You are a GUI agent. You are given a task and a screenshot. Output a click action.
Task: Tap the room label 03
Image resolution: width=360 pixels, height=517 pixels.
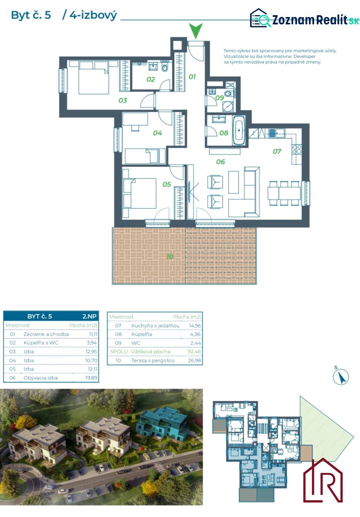tap(123, 100)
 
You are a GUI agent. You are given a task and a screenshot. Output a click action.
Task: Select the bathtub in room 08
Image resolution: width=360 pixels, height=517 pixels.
tap(239, 131)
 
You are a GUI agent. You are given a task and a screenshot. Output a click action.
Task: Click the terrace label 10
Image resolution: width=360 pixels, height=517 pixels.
tap(170, 256)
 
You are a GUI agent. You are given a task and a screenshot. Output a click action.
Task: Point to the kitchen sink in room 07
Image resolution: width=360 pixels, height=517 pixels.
tap(276, 133)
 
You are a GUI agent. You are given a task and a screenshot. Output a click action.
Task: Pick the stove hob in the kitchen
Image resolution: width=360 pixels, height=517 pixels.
tap(297, 149)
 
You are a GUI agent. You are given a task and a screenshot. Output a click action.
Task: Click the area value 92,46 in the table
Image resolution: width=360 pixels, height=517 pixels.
tap(194, 352)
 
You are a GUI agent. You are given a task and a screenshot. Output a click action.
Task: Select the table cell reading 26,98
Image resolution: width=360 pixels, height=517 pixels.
tap(194, 360)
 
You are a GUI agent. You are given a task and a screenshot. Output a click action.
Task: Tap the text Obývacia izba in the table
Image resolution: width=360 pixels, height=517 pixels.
tap(41, 378)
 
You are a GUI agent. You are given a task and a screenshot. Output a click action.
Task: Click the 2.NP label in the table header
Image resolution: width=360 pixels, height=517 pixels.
tap(90, 316)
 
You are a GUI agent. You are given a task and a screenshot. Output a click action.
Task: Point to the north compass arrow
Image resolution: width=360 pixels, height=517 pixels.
tap(341, 377)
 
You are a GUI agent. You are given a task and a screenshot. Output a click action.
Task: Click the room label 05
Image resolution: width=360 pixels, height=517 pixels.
tap(166, 184)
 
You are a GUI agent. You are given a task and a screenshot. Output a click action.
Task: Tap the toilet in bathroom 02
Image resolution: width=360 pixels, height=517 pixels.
tap(165, 67)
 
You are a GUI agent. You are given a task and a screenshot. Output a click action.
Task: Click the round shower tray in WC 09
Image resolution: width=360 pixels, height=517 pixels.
tap(228, 106)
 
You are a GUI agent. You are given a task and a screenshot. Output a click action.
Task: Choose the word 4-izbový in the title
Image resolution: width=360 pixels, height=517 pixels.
tap(93, 16)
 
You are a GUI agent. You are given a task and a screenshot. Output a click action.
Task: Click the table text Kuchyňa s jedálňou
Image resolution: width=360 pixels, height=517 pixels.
tap(155, 326)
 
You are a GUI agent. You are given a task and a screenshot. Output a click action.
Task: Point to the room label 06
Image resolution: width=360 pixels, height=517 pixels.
tap(221, 162)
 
